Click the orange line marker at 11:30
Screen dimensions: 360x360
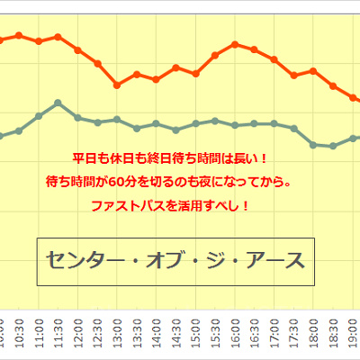point(58,37)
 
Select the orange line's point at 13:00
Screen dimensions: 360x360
point(117,85)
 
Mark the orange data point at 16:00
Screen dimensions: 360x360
point(235,43)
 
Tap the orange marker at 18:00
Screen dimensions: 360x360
point(313,70)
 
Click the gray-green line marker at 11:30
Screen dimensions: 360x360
point(58,103)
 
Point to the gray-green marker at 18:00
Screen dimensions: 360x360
point(313,144)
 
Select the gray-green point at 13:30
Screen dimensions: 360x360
point(137,128)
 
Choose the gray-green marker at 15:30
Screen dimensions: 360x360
point(215,120)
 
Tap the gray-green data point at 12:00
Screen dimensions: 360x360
point(77,117)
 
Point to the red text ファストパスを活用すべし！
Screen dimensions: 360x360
point(170,205)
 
